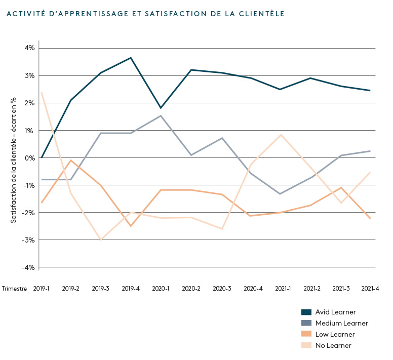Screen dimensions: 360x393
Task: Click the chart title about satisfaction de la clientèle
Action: coord(145,14)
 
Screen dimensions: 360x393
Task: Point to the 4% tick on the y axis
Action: coord(28,48)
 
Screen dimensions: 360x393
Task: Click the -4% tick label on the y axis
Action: coord(28,267)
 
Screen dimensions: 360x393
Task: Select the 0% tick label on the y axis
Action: coord(29,157)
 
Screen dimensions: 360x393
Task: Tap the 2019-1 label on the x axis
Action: coord(42,288)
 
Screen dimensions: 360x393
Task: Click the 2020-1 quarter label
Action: coord(161,288)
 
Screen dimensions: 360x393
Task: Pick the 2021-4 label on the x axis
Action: coord(370,288)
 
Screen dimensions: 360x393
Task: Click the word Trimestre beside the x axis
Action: coord(15,288)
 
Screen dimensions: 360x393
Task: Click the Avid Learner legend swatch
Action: coord(306,312)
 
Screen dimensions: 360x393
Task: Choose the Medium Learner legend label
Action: coord(341,323)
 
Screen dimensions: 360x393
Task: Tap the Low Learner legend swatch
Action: coord(306,334)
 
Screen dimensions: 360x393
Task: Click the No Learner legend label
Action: coord(333,345)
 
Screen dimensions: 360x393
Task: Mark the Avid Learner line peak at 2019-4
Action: coord(131,58)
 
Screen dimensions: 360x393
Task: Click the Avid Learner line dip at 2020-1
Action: coord(161,108)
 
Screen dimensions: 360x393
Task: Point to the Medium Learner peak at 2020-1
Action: coord(161,115)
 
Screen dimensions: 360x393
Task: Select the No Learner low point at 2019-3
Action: coord(101,239)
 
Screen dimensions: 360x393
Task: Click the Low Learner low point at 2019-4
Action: coord(131,226)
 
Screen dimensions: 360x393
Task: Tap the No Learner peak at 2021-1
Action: coord(281,135)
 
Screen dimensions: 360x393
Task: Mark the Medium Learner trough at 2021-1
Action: coord(281,194)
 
